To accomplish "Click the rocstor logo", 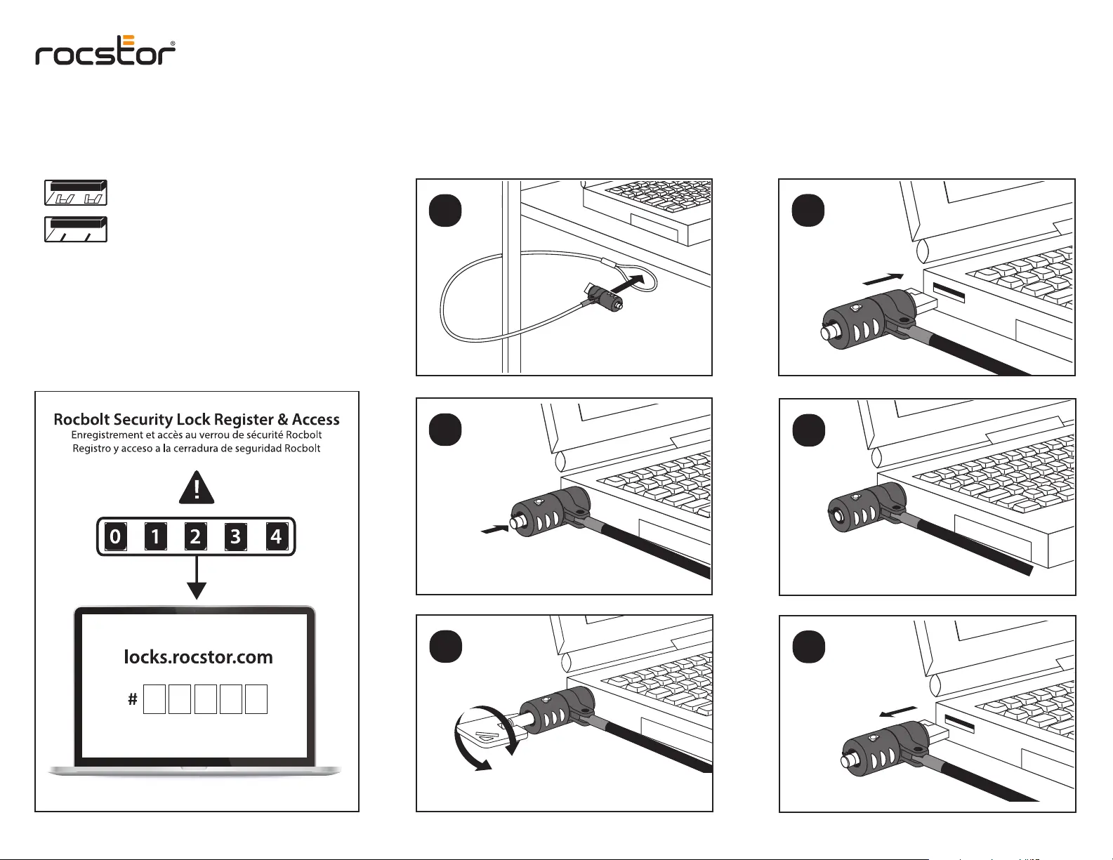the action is (x=105, y=51).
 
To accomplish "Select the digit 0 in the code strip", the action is (x=115, y=537).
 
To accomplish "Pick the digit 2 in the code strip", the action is (x=195, y=537).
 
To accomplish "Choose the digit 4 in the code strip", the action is (x=276, y=537).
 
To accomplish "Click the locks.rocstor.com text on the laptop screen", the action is (x=198, y=657).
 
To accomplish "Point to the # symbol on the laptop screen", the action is (x=132, y=699).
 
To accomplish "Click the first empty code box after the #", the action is (x=154, y=699).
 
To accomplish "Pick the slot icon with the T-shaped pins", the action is (x=76, y=192).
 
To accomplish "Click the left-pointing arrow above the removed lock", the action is (x=898, y=712).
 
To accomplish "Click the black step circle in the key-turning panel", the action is (x=445, y=647).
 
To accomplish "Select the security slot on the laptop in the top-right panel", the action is (x=948, y=293).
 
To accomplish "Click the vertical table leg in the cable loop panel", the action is (x=511, y=277).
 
